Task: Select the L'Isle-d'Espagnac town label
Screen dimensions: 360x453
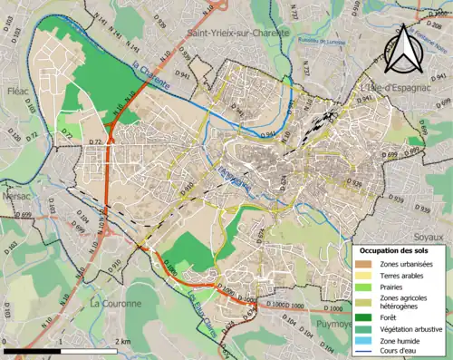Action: click(400, 88)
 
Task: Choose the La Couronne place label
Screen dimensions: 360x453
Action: click(116, 304)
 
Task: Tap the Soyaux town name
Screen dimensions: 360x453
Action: click(433, 209)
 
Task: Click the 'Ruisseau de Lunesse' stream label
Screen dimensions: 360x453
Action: click(322, 41)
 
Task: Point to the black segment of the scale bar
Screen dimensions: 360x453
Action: click(32, 350)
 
